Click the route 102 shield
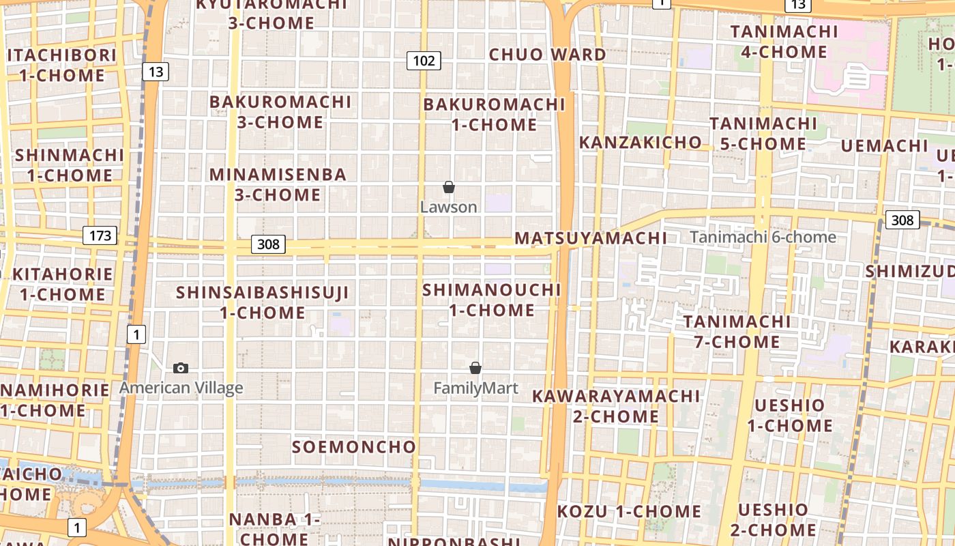(424, 61)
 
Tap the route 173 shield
(100, 236)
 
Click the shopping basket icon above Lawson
(449, 187)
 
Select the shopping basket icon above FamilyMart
(475, 369)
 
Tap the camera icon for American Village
(181, 369)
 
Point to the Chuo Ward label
(548, 55)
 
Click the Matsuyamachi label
(591, 238)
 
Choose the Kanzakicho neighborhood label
(640, 143)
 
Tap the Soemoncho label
(354, 447)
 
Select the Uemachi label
(884, 146)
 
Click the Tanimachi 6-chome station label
(763, 238)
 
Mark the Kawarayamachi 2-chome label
(616, 406)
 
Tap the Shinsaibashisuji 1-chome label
(263, 302)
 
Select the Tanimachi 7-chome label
(737, 332)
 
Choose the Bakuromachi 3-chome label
(280, 113)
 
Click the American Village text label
(181, 388)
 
